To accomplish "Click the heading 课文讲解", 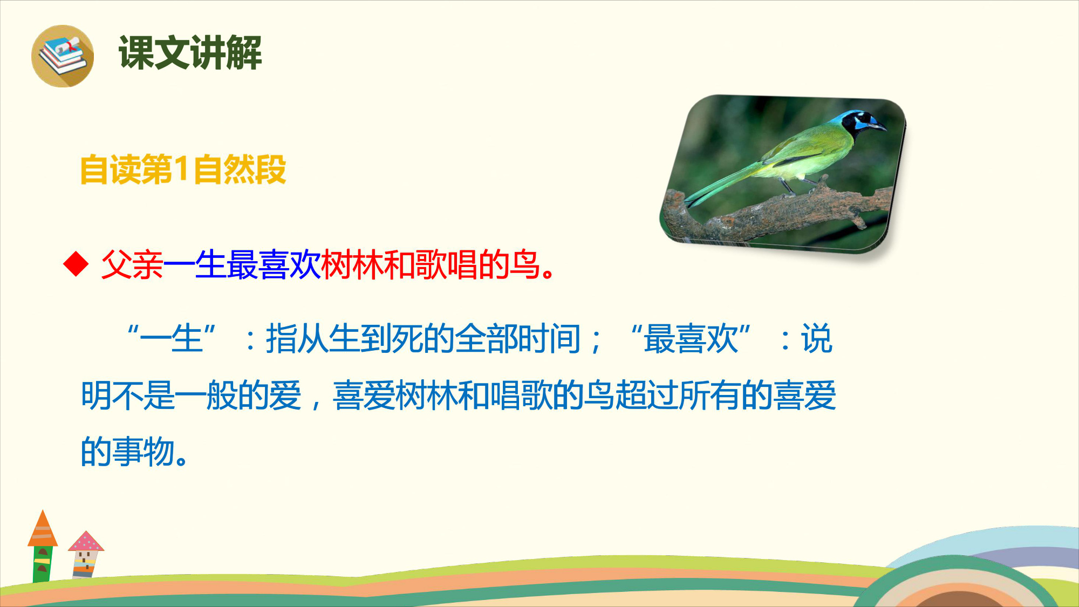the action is pyautogui.click(x=190, y=52).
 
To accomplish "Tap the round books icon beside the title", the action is pyautogui.click(x=63, y=56).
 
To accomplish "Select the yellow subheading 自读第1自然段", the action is pyautogui.click(x=183, y=169).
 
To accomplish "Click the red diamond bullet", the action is pyautogui.click(x=76, y=263).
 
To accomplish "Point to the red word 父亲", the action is pyautogui.click(x=132, y=264).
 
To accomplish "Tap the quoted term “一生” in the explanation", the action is pyautogui.click(x=172, y=338).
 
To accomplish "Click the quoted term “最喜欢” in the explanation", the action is pyautogui.click(x=691, y=338).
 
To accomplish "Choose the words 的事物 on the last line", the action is pyautogui.click(x=128, y=452).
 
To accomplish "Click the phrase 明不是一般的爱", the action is pyautogui.click(x=191, y=395).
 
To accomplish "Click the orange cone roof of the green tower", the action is pyautogui.click(x=43, y=528).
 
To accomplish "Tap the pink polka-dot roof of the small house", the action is pyautogui.click(x=86, y=541).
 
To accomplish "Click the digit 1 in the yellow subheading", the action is pyautogui.click(x=181, y=169).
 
